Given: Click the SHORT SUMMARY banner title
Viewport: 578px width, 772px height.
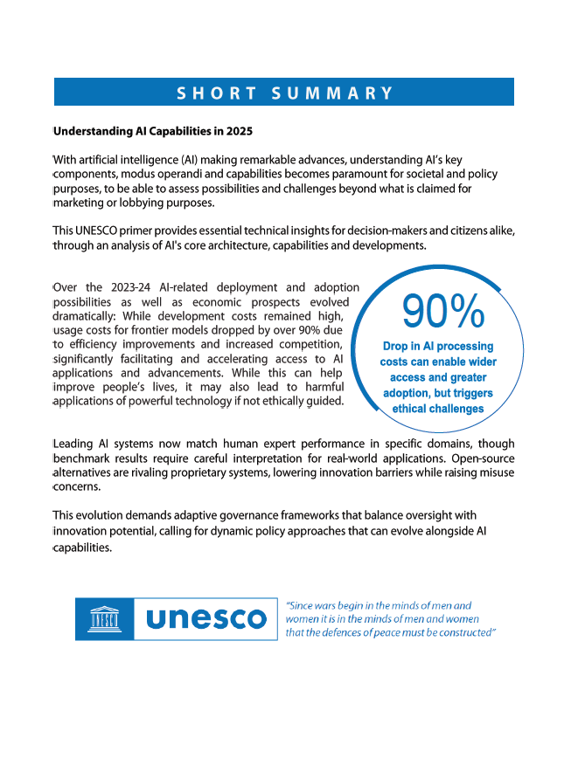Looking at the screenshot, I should coord(284,93).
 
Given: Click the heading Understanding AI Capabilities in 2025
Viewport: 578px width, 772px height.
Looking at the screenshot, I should coord(153,132).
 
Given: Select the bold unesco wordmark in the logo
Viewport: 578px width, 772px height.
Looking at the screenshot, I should coord(205,619).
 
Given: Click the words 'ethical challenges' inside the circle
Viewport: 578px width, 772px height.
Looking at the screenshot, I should coord(438,409).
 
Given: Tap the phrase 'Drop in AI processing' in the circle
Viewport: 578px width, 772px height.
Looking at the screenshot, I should coord(438,346).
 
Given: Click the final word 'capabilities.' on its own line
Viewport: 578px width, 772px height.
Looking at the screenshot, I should coord(83,548).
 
